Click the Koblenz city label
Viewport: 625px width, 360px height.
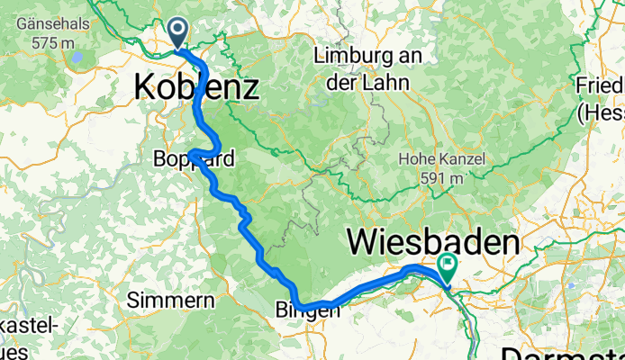196,87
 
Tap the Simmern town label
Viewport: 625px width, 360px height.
170,300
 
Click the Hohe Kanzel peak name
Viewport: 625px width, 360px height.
442,160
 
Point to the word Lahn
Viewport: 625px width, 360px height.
389,83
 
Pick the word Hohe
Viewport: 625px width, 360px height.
417,160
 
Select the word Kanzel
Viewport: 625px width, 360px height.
462,160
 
